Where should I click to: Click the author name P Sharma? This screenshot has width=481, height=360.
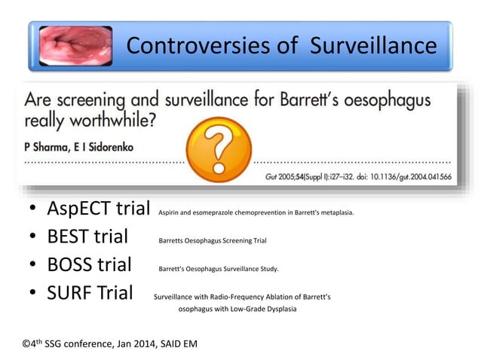(49, 147)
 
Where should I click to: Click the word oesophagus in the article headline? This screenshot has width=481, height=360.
(403, 99)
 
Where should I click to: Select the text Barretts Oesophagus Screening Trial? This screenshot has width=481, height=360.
(212, 242)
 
